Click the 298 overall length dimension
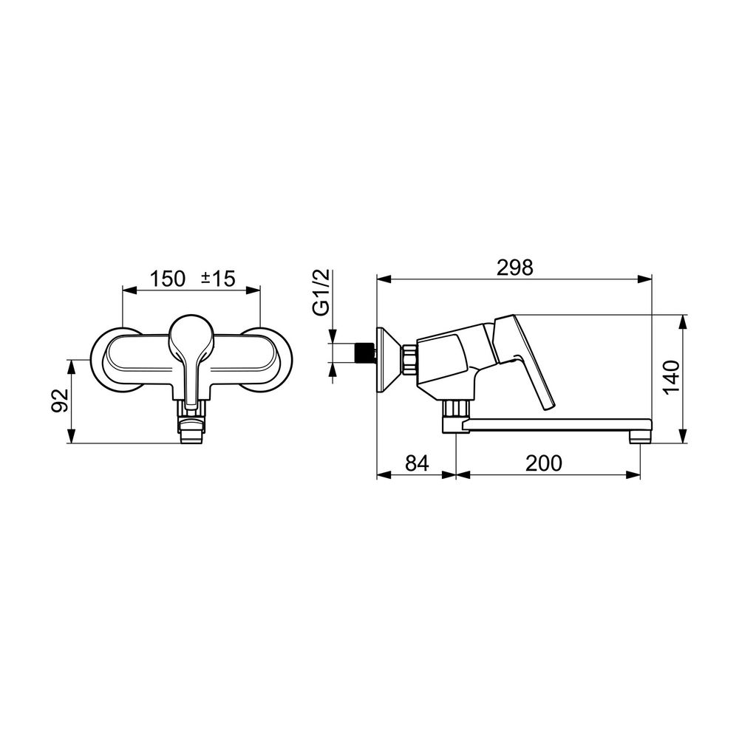point(514,268)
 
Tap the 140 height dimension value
point(671,377)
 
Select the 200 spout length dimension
point(544,463)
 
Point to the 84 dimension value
point(417,463)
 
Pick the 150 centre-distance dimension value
point(168,279)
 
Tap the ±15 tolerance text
point(218,279)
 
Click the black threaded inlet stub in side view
point(365,353)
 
